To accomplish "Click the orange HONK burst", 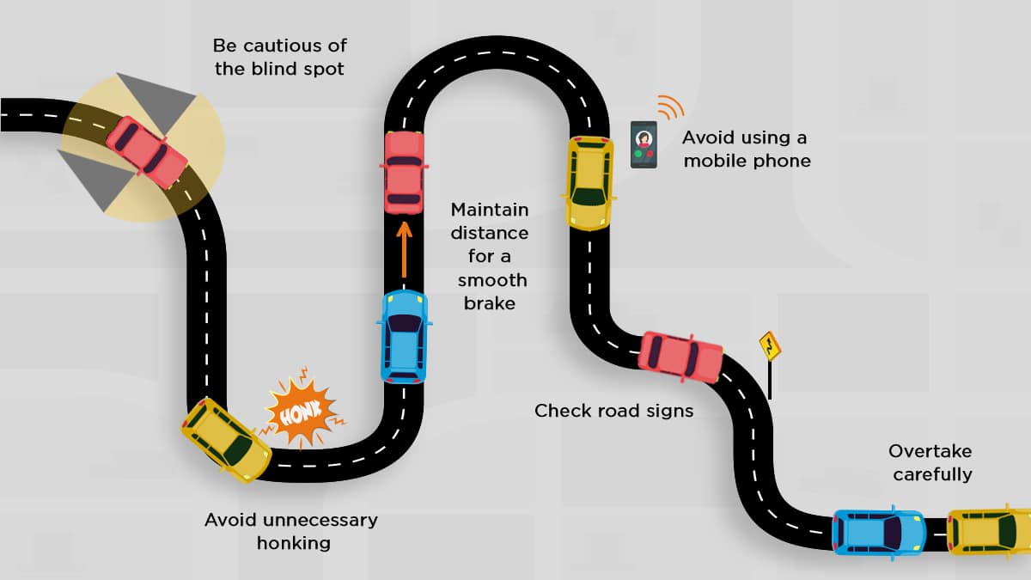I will [300, 416].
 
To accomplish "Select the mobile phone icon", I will [644, 144].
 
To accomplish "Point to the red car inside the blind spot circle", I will [147, 151].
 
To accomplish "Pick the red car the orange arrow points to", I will [404, 172].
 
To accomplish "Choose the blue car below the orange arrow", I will [404, 336].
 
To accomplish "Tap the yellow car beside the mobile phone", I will [589, 183].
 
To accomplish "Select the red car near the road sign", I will [680, 356].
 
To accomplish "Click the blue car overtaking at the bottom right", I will [878, 531].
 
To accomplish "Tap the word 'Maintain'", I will [490, 210].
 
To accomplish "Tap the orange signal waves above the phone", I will [669, 107].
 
